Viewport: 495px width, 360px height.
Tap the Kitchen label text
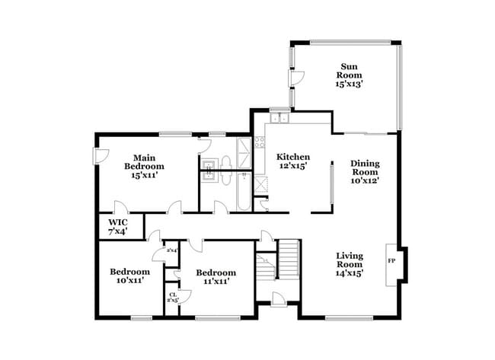point(292,161)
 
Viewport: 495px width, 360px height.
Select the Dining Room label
point(365,171)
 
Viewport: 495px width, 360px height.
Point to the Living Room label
point(350,263)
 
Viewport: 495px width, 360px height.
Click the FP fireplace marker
point(392,261)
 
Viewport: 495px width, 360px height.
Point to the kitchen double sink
point(279,119)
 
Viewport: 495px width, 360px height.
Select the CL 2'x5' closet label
point(173,298)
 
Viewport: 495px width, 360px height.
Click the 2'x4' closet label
point(172,250)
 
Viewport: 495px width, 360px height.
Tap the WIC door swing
point(118,206)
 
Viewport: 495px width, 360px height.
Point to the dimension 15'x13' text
point(351,84)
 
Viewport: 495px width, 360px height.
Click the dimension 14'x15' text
point(350,273)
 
